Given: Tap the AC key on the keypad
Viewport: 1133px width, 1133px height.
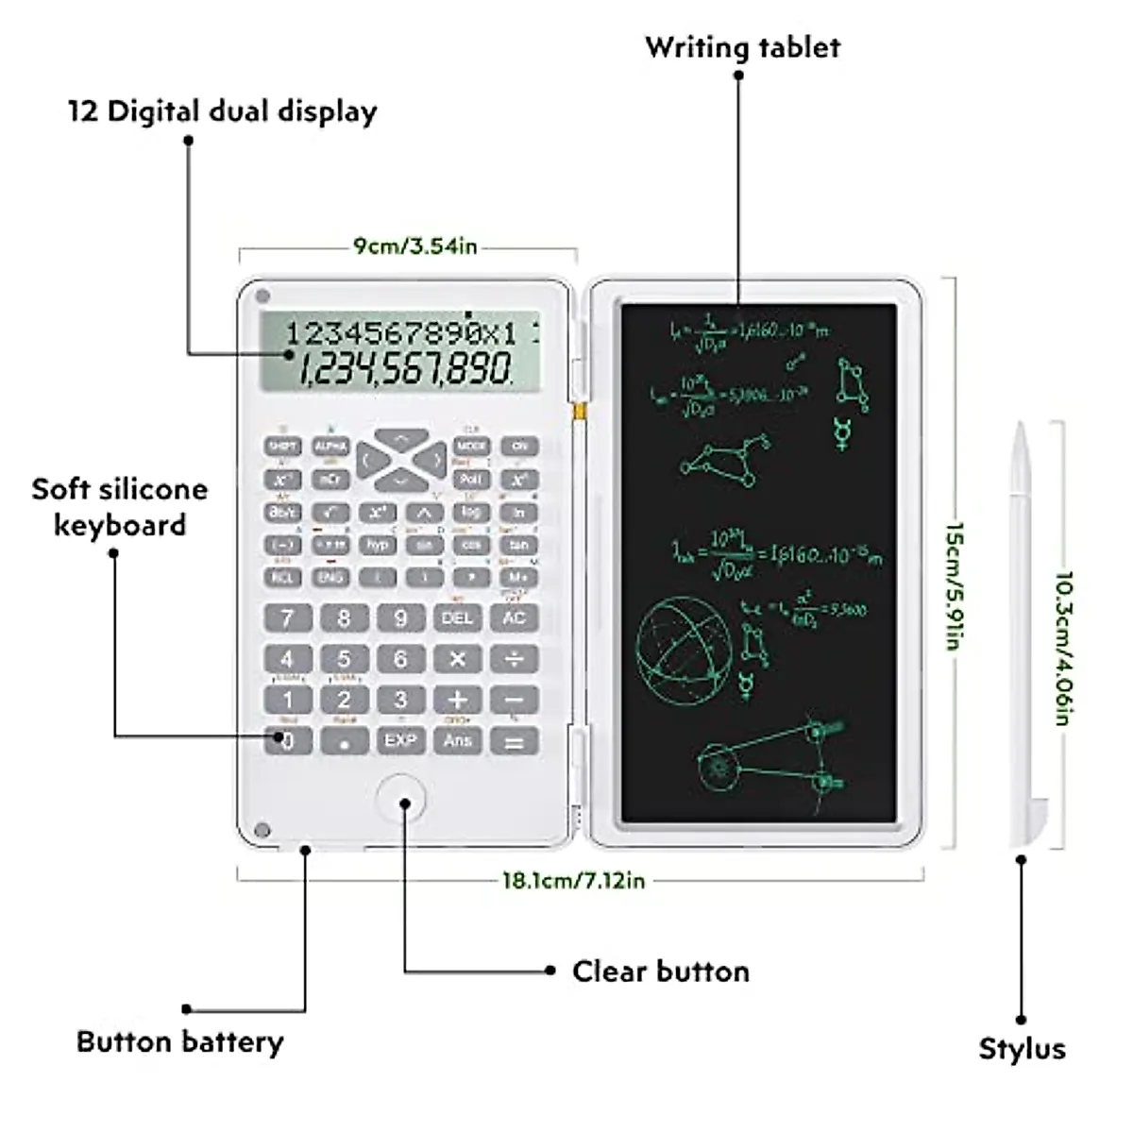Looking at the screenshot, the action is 514,618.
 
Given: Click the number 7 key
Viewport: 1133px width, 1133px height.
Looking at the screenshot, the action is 287,618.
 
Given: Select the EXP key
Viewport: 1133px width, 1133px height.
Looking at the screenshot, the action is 400,740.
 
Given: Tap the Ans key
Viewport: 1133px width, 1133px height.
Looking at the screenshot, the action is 457,740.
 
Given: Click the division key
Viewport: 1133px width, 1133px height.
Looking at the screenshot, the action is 514,659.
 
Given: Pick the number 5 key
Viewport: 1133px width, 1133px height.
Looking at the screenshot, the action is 344,659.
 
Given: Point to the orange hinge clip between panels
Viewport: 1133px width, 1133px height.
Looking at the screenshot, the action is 580,412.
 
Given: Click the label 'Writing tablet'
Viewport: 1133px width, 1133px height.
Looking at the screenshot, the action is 742,47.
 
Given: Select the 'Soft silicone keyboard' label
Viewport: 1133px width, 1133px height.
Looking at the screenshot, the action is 119,507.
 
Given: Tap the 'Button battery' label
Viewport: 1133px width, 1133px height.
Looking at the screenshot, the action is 180,1042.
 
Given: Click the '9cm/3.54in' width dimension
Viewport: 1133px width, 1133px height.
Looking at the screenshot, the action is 415,246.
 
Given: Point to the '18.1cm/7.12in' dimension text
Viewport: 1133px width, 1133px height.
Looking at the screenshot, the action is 573,881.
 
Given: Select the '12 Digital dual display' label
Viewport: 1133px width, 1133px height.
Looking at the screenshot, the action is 223,111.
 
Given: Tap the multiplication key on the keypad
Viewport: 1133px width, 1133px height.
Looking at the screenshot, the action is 457,659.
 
